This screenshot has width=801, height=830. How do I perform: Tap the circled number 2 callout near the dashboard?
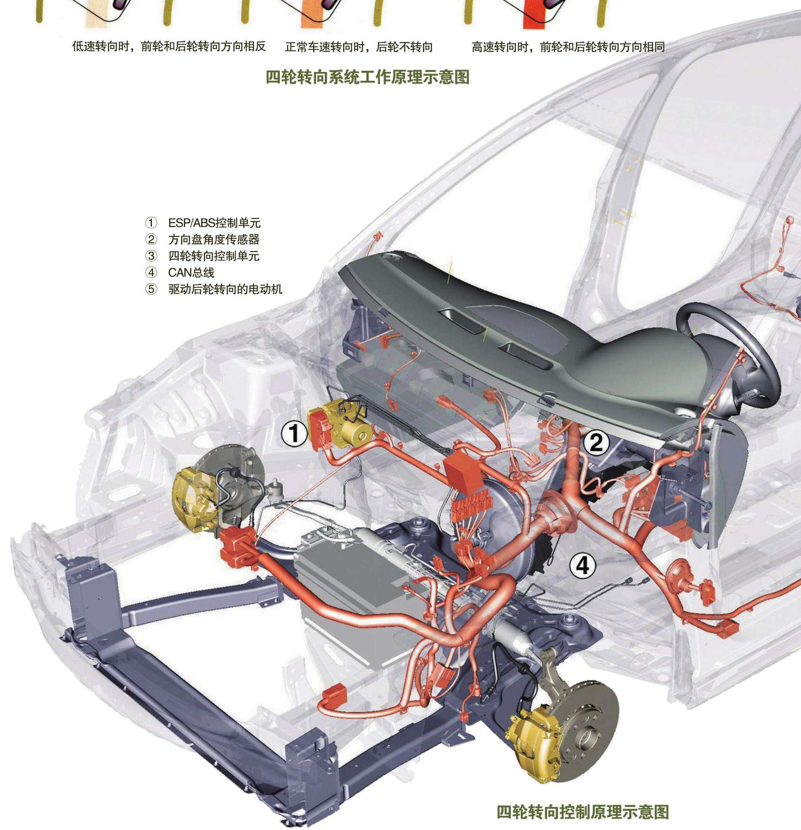596,443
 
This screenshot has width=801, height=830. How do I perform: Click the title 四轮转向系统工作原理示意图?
368,77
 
